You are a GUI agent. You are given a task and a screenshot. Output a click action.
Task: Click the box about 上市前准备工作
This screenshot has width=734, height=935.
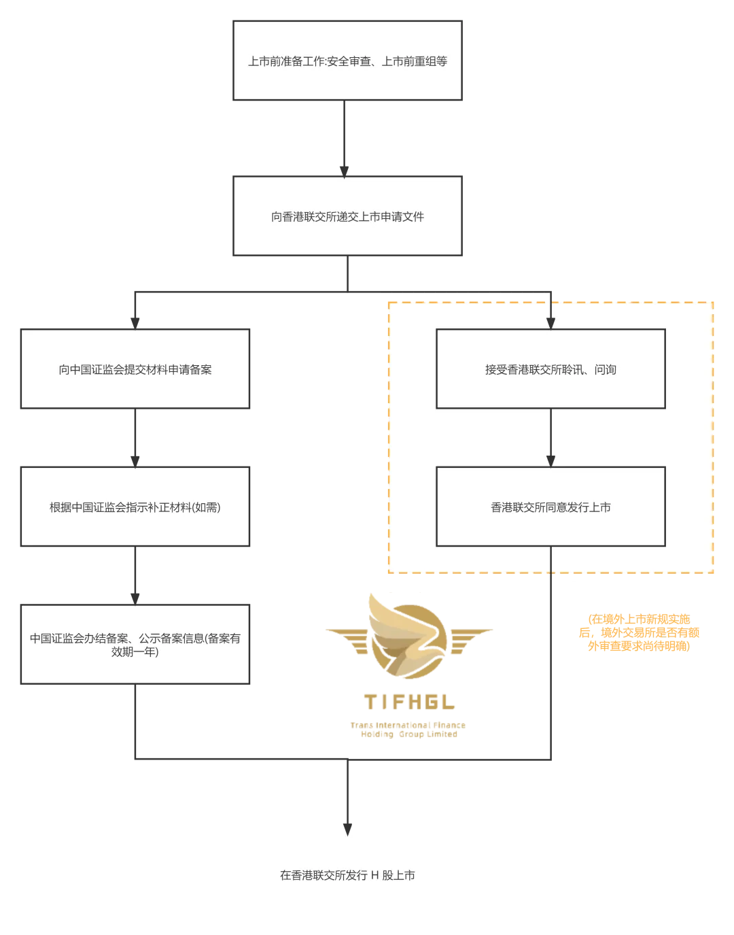coord(347,61)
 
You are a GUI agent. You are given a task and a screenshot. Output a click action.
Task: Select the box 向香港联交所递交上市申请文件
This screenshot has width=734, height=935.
coord(347,217)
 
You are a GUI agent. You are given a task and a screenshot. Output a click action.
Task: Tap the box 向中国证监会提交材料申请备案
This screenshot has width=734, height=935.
coord(135,370)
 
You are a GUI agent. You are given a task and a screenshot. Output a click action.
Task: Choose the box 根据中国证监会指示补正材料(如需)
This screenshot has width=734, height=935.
coord(135,507)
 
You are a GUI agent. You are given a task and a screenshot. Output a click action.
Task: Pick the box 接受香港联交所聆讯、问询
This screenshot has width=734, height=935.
coord(550,370)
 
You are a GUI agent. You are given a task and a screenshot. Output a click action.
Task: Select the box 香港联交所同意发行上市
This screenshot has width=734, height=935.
coord(550,507)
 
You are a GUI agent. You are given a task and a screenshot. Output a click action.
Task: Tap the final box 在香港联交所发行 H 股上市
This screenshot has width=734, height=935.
coord(347,876)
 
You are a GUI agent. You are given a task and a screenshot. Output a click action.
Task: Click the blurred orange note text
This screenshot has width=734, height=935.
coord(639,632)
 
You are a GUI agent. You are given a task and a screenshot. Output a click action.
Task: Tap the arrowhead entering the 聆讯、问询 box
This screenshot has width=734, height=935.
coord(550,323)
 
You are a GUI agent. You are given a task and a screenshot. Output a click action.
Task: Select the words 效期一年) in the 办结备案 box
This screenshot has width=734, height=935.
coord(135,652)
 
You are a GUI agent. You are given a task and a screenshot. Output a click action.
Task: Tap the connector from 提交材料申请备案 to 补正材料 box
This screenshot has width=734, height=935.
coord(135,437)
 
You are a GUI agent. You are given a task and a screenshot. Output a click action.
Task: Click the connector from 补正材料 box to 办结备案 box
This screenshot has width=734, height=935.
coord(135,575)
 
